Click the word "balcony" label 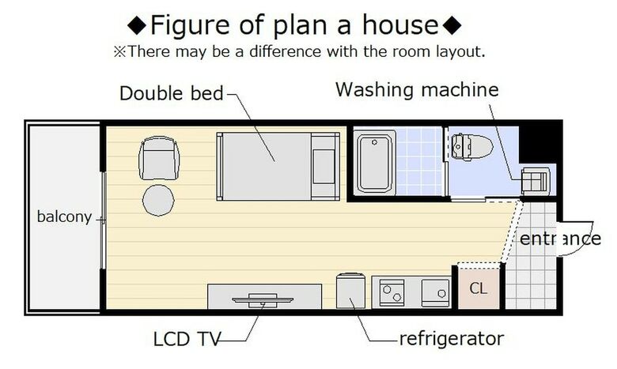click(x=64, y=217)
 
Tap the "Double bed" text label click(x=171, y=93)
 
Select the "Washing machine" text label click(x=417, y=89)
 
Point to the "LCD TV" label click(x=187, y=339)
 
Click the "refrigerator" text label click(x=452, y=339)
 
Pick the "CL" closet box click(x=479, y=288)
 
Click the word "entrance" click(x=560, y=239)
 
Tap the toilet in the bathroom click(x=471, y=147)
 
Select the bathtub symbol click(x=374, y=163)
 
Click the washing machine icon click(x=536, y=181)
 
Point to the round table click(x=158, y=200)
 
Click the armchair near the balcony click(x=159, y=158)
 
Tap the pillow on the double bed click(x=324, y=166)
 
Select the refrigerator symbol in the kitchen click(x=350, y=291)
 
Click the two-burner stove click(x=392, y=293)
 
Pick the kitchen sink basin click(x=436, y=293)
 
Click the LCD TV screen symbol click(x=263, y=299)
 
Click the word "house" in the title click(x=400, y=24)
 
